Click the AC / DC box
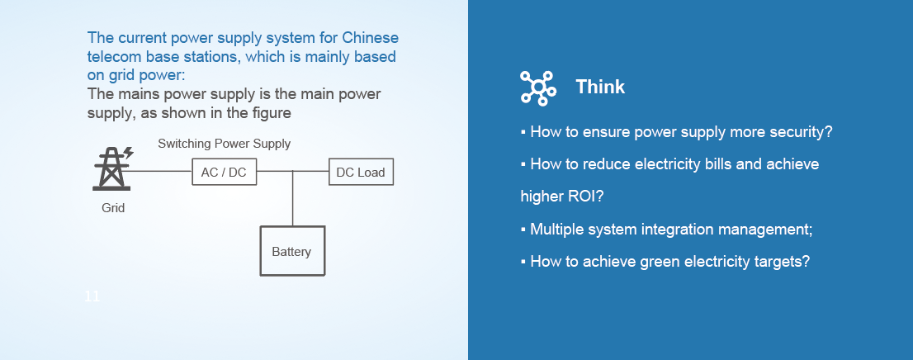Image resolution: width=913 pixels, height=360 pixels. pos(225,173)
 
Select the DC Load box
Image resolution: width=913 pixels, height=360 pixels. pos(361,173)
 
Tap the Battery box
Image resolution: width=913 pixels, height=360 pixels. pos(291,251)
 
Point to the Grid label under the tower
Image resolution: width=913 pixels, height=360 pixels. pos(113,208)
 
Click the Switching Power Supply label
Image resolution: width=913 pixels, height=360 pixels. pos(225,144)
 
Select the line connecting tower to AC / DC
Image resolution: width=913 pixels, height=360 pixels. pos(161,172)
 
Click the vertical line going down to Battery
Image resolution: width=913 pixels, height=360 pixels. pos(293,198)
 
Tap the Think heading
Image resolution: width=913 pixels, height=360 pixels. pos(600,87)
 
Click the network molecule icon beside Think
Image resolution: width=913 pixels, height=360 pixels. pos(538,88)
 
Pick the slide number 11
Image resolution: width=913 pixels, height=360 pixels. pos(92,296)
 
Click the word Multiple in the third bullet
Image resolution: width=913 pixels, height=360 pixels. pos(556,229)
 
